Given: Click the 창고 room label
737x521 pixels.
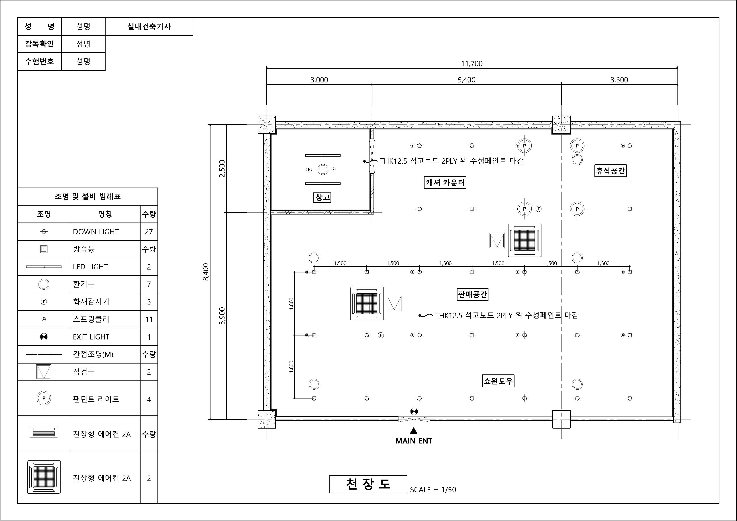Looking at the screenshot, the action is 322,197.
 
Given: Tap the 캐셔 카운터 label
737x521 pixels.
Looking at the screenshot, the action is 445,183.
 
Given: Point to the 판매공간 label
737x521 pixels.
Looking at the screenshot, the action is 472,294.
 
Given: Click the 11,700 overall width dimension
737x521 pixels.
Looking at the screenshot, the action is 472,63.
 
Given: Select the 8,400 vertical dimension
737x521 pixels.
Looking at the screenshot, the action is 206,272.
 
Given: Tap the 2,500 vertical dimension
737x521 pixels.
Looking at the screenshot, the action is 222,168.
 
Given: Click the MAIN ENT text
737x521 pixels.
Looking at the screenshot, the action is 414,441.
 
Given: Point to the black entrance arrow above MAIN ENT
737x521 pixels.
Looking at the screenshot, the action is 414,431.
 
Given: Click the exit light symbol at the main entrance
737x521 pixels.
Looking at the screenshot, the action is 414,411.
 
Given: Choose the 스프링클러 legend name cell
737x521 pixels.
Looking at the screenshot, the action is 105,319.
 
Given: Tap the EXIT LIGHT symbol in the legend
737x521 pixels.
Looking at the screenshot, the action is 44,337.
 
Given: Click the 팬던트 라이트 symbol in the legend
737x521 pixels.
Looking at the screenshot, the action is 44,398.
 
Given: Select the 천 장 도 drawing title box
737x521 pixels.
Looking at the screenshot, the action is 368,484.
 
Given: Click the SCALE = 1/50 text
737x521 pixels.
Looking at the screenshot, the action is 433,490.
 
